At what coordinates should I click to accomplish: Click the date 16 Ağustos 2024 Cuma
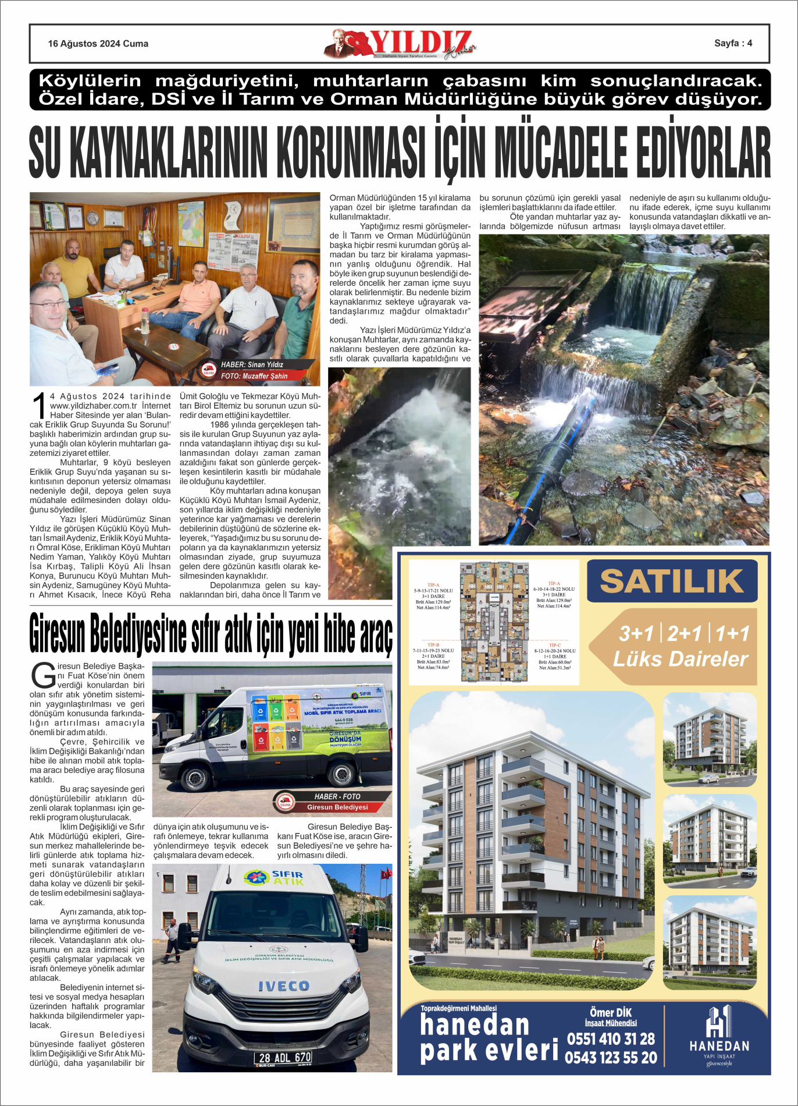coord(98,44)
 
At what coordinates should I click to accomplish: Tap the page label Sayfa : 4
coord(733,43)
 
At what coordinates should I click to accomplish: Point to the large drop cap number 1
coord(39,406)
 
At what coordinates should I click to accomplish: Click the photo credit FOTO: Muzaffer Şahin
coord(254,376)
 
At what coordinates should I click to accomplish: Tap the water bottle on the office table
coord(144,321)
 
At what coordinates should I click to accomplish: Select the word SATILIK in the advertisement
coord(672,581)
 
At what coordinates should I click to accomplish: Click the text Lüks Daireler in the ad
coord(680,659)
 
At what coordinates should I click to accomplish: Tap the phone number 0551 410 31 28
coord(611,1039)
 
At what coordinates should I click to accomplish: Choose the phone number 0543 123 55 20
coord(611,1058)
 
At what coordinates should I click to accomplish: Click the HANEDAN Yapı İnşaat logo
coord(719,1037)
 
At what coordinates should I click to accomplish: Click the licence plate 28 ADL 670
coord(284,1058)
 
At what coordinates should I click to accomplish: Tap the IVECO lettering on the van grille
coord(284,986)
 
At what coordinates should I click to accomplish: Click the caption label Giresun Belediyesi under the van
coord(337,807)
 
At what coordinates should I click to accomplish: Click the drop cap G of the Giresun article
coord(42,675)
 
